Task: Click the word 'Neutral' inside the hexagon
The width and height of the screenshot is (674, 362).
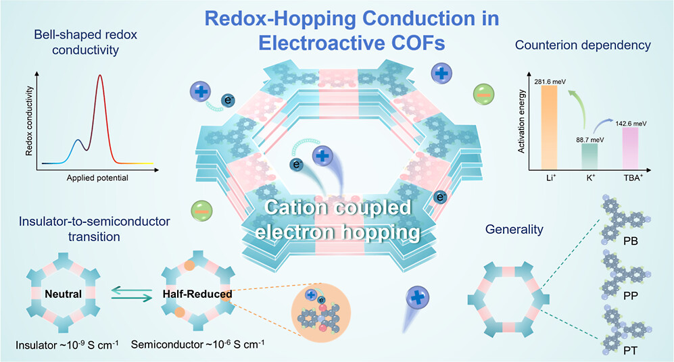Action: [x=64, y=294]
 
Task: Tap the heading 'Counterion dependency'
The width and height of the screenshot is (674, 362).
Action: [x=583, y=45]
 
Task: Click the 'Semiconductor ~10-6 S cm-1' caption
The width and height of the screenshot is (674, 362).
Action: [x=197, y=345]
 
